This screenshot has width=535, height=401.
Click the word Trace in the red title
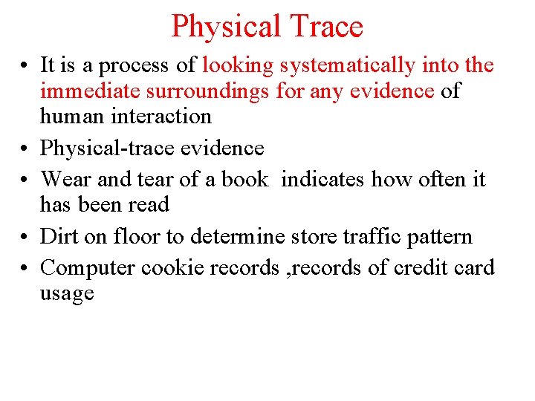(x=327, y=27)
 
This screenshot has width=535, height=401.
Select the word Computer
(x=88, y=268)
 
